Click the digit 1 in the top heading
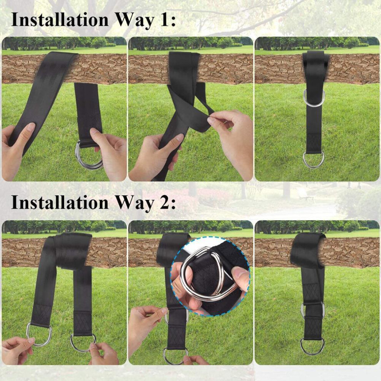[164, 20]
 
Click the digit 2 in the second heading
[164, 202]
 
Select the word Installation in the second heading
[60, 202]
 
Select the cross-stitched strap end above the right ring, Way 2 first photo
[83, 323]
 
